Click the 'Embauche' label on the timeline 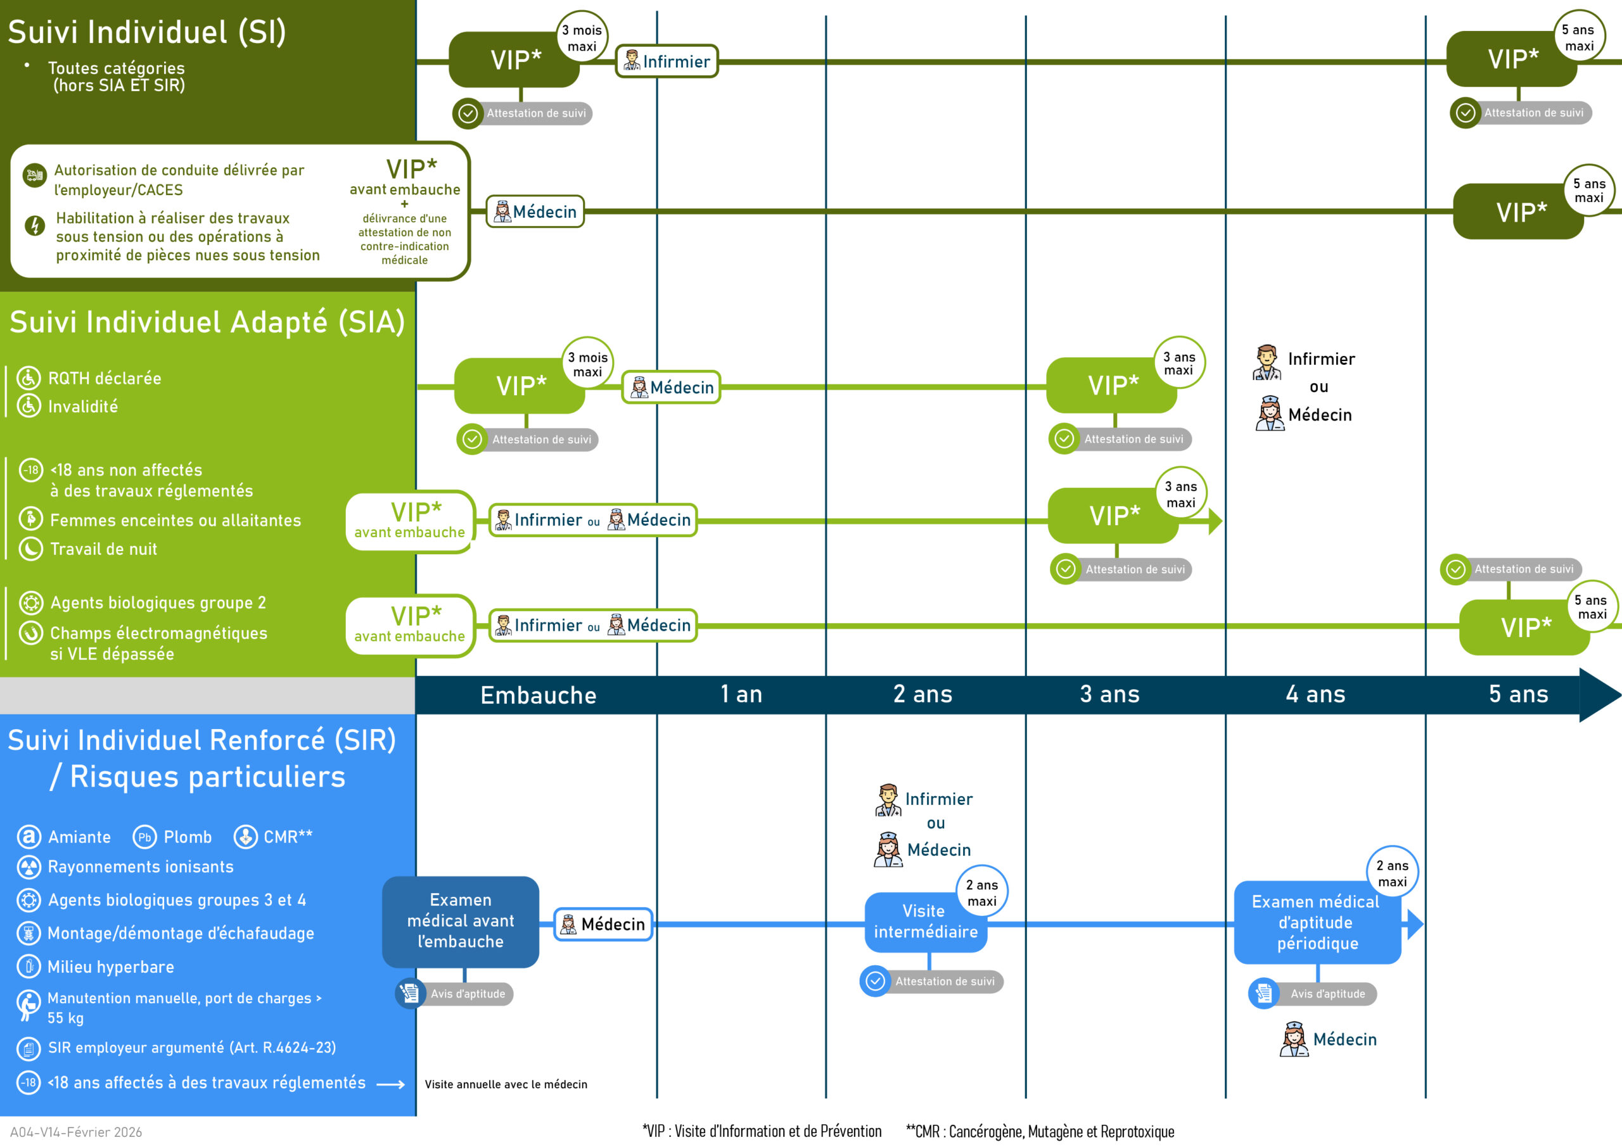pos(539,695)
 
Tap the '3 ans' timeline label pos(1109,694)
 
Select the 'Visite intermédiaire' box pos(925,922)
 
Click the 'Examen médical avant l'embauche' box pos(461,921)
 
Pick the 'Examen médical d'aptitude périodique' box pos(1317,922)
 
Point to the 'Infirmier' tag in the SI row pos(667,61)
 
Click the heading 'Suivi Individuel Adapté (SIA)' pos(207,322)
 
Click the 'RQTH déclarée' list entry pos(105,379)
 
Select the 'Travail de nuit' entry pos(103,548)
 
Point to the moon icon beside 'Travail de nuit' pos(30,548)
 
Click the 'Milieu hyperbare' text pos(110,967)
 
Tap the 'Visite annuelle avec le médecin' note pos(506,1084)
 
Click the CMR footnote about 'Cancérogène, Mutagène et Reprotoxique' pos(1040,1131)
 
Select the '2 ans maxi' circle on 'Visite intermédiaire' pos(982,892)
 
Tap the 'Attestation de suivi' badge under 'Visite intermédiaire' pos(933,981)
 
